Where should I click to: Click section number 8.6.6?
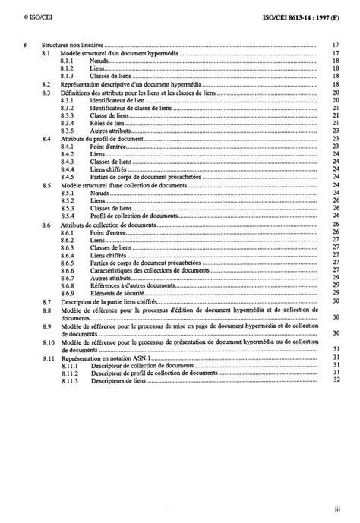pos(71,270)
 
